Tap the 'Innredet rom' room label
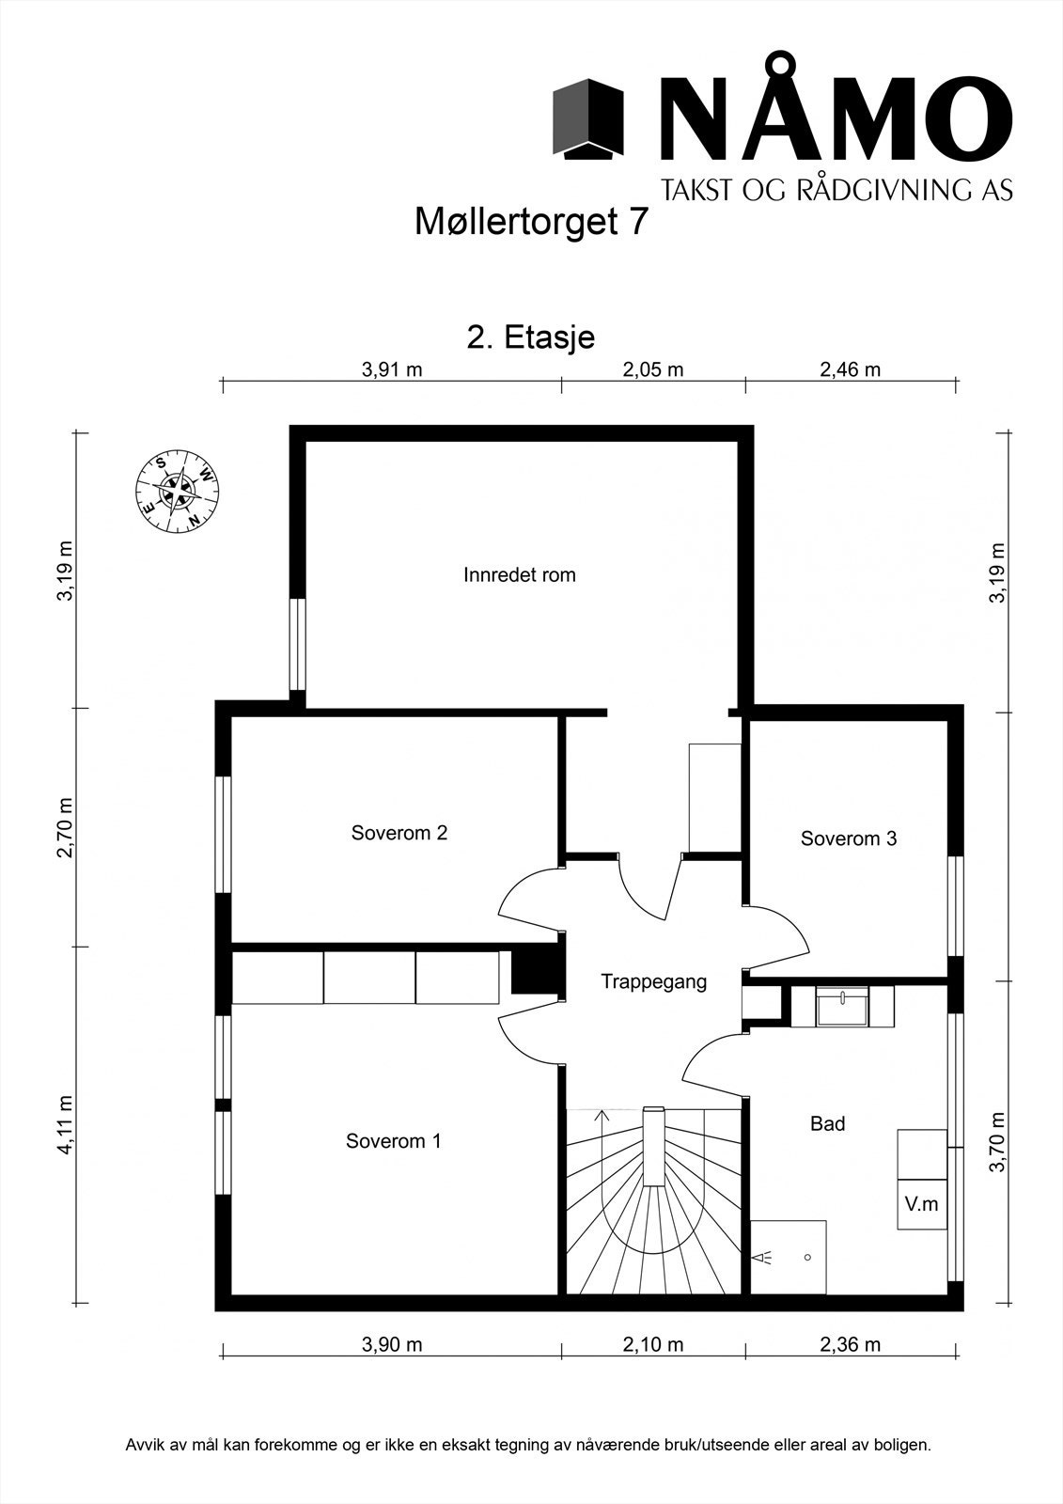click(x=519, y=574)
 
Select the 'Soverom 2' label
click(x=399, y=833)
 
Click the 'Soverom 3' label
click(x=849, y=838)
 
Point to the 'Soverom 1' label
click(x=393, y=1141)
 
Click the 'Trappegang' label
click(x=653, y=982)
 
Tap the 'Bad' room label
click(x=828, y=1123)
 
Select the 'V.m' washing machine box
click(x=921, y=1204)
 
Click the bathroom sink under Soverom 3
click(x=843, y=1007)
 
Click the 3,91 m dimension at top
click(x=392, y=369)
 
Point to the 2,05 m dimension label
click(x=653, y=369)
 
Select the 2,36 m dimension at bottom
click(x=851, y=1344)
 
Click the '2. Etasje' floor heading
click(x=531, y=337)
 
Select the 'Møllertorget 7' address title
click(x=531, y=223)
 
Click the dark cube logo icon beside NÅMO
click(x=588, y=117)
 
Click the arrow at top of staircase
click(x=602, y=1117)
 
